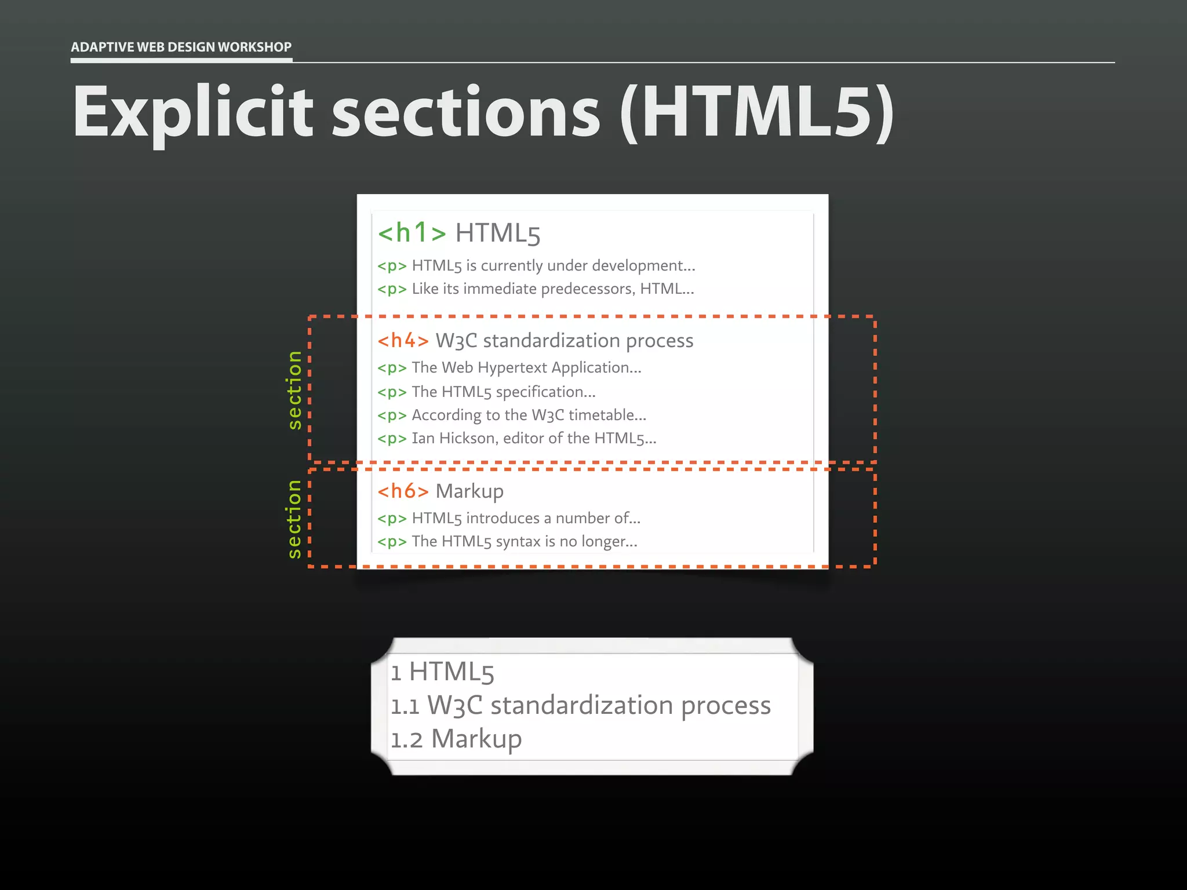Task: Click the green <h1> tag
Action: tap(412, 233)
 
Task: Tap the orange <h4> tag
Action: tap(403, 341)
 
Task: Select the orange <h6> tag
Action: tap(403, 491)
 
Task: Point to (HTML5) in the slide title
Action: tap(757, 113)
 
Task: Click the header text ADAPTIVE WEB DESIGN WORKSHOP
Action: tap(181, 47)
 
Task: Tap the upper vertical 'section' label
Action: tap(294, 390)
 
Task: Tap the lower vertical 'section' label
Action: tap(294, 519)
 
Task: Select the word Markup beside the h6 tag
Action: tap(469, 491)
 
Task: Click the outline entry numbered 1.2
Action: tap(456, 739)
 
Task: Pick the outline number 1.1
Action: tap(405, 706)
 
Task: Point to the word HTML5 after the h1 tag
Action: tap(498, 234)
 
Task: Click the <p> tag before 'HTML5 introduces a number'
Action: tap(392, 519)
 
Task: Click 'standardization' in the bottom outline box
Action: tap(581, 706)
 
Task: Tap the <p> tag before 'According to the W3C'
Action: tap(392, 415)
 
